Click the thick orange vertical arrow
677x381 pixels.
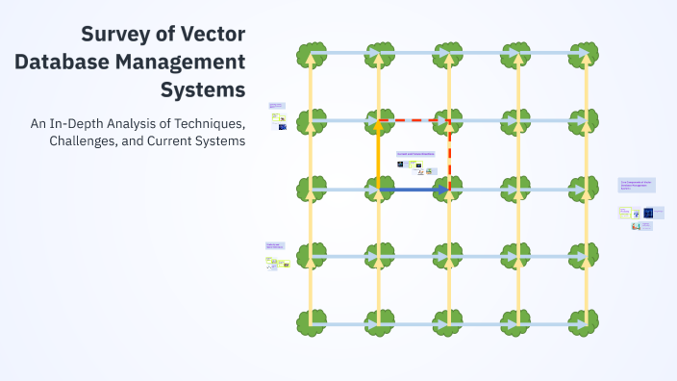click(x=379, y=154)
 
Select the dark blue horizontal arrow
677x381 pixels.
click(x=414, y=190)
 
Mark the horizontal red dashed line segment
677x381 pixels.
click(x=414, y=121)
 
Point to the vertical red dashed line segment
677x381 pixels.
click(x=449, y=154)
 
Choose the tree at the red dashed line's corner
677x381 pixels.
click(x=449, y=121)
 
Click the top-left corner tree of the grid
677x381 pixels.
click(x=310, y=54)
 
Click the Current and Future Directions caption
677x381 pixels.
click(x=415, y=154)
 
